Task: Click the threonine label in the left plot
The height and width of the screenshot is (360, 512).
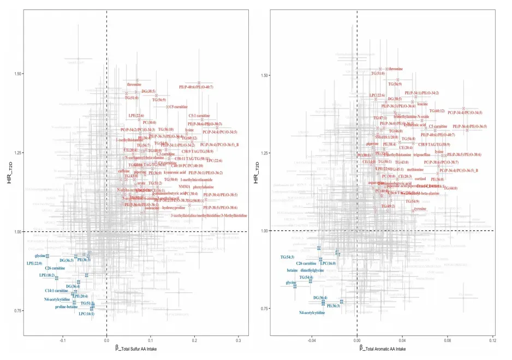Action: pos(134,85)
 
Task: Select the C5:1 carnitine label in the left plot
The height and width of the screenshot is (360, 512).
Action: pos(199,116)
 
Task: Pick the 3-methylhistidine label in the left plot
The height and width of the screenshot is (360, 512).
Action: pos(209,215)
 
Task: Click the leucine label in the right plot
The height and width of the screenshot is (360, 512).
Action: pos(422,104)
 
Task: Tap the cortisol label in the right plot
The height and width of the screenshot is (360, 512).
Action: pos(420,178)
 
